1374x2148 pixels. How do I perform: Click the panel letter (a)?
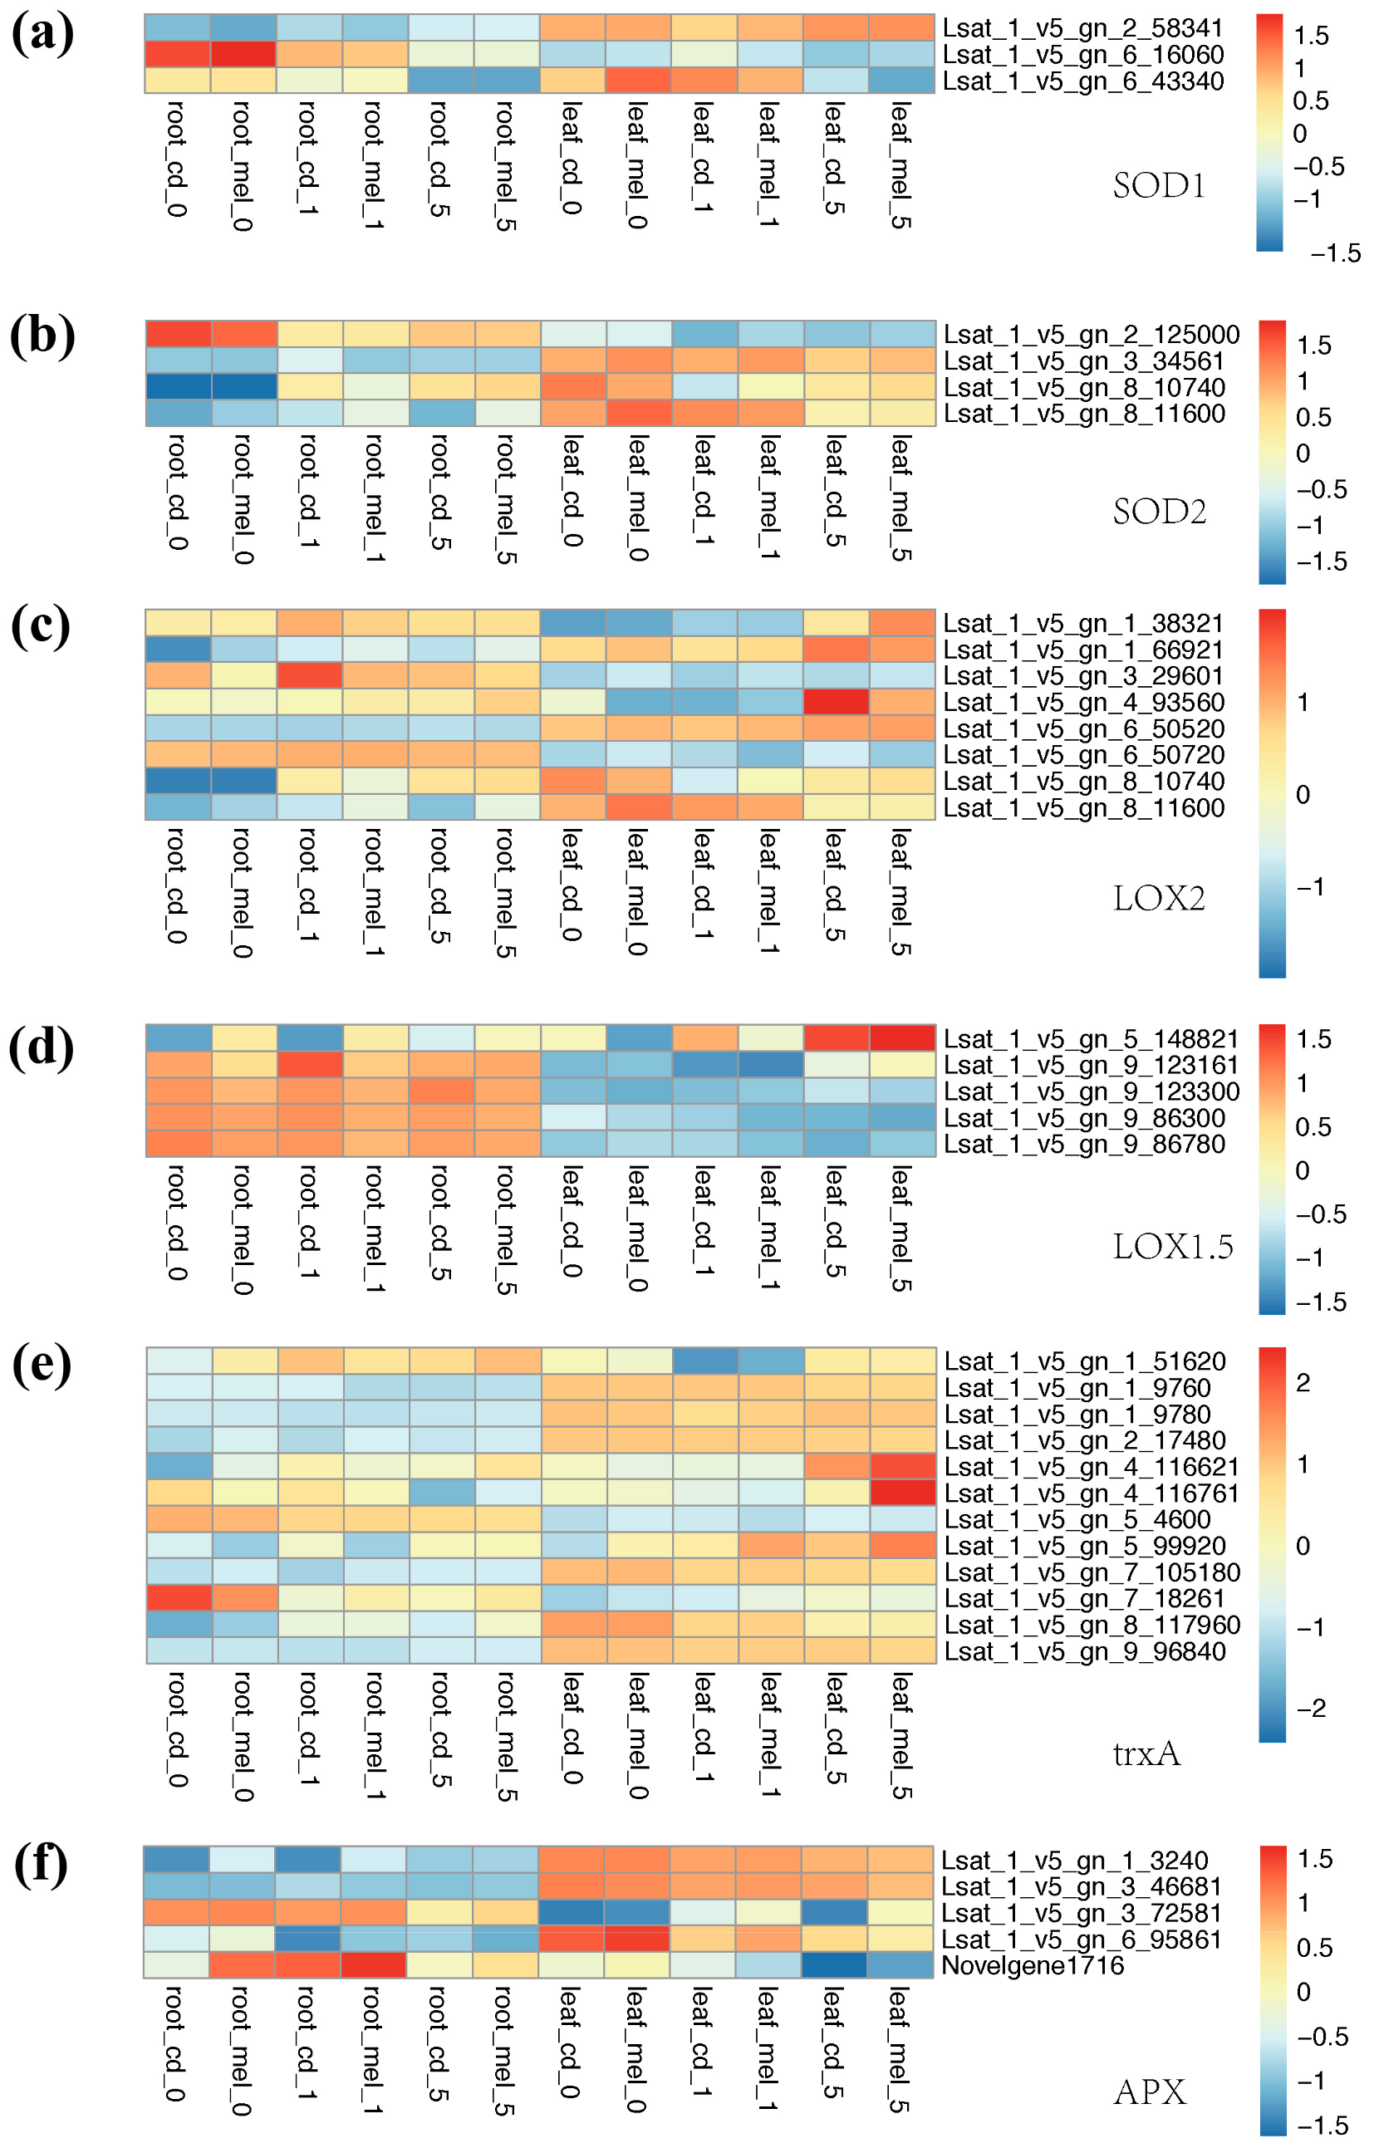42,36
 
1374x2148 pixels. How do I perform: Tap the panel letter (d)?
42,1047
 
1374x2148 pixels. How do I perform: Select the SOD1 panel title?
1159,185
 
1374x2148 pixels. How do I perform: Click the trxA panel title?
1146,1753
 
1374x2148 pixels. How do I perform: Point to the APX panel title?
1150,2091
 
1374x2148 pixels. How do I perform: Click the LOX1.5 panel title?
1172,1246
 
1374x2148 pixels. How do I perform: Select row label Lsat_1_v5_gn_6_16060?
1083,55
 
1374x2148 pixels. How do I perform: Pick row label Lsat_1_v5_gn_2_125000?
1092,335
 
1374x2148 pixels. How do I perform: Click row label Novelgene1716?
1033,1965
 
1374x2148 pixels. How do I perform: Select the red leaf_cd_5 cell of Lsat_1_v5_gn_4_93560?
836,702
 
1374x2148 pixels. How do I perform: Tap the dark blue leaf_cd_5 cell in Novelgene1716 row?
834,1965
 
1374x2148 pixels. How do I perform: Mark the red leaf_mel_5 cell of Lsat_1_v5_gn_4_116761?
902,1493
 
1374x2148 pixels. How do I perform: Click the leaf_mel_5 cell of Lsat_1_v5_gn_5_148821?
902,1038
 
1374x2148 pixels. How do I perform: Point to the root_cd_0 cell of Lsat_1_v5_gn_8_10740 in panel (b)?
179,387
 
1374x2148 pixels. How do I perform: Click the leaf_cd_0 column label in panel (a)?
572,158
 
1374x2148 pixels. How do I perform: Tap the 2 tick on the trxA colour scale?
1303,1383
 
